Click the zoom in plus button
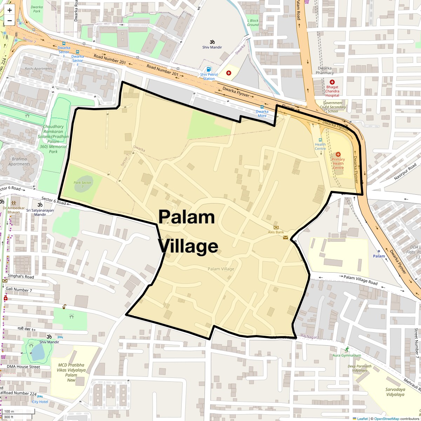tap(9, 10)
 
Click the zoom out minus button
tap(9, 21)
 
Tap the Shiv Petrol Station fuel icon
tap(209, 69)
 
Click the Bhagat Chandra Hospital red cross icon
tap(332, 82)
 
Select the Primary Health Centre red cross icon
tap(338, 154)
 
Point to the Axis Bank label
tap(276, 232)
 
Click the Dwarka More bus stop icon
tap(262, 107)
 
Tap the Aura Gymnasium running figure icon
tap(347, 349)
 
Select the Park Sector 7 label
tap(82, 185)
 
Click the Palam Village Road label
tap(360, 280)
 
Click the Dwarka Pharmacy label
tap(325, 71)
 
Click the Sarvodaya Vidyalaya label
tap(395, 392)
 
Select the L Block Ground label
tap(253, 22)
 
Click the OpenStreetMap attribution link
tap(386, 419)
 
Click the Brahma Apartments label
tap(19, 161)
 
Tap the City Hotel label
tap(40, 402)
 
